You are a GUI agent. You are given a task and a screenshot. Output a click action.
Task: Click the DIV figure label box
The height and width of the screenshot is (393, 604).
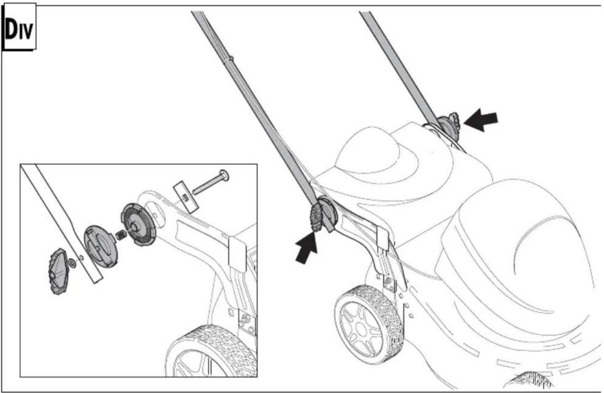click(x=20, y=26)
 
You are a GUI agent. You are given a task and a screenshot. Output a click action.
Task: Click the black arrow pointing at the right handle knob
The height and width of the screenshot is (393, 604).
click(x=481, y=119)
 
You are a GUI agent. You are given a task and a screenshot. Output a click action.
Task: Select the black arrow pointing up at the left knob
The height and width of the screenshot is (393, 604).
click(x=307, y=248)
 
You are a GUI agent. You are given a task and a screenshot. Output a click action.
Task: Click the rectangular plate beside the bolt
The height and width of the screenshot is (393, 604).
click(x=186, y=197)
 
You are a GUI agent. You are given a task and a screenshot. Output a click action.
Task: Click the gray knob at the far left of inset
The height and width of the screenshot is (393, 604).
click(x=58, y=271)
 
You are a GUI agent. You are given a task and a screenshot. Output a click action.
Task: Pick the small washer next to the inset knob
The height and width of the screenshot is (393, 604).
click(x=72, y=263)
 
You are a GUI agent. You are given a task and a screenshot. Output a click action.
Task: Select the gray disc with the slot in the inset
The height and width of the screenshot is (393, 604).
click(x=100, y=246)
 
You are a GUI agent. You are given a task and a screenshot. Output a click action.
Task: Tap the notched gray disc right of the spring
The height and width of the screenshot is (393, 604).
click(x=138, y=224)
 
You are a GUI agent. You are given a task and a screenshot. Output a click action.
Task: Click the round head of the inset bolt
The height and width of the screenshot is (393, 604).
click(x=224, y=175)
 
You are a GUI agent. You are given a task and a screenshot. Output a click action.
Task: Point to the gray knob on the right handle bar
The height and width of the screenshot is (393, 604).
click(x=448, y=126)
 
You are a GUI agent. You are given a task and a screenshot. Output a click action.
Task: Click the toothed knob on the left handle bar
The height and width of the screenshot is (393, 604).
click(x=316, y=218)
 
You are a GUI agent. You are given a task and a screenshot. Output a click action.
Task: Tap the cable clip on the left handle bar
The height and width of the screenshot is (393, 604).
click(x=230, y=59)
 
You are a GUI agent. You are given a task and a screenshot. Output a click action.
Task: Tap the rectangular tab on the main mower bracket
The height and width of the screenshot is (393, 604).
click(x=383, y=238)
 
